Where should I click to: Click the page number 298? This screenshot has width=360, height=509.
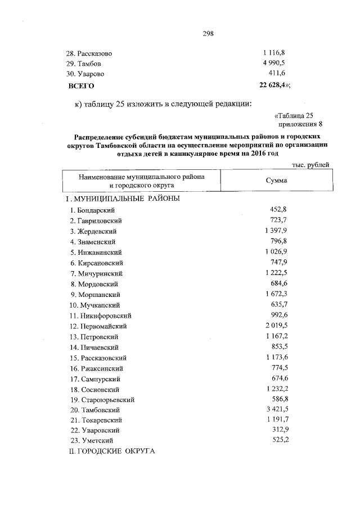click(208, 33)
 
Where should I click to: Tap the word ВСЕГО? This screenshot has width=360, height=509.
click(81, 85)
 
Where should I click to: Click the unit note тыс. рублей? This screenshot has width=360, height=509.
click(310, 164)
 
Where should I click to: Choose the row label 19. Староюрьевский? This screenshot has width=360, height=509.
click(102, 399)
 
